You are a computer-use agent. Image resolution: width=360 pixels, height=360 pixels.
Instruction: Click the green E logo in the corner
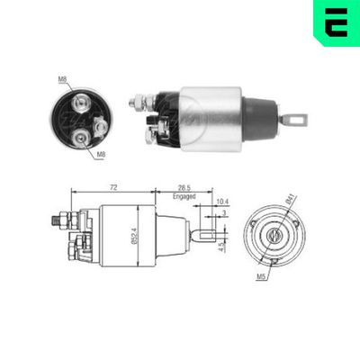click(335, 22)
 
